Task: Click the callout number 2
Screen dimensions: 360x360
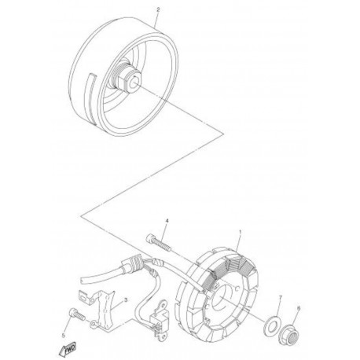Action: pyautogui.click(x=158, y=9)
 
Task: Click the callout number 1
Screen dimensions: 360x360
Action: pyautogui.click(x=241, y=232)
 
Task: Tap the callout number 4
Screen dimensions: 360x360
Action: pyautogui.click(x=167, y=221)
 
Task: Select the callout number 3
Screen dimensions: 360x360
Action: pyautogui.click(x=126, y=300)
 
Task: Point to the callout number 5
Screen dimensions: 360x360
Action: pyautogui.click(x=63, y=335)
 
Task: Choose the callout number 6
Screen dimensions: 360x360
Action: pyautogui.click(x=299, y=308)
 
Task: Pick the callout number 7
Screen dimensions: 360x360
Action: pyautogui.click(x=281, y=297)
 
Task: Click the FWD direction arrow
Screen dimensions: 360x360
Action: pyautogui.click(x=68, y=349)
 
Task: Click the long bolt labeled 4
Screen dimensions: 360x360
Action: pyautogui.click(x=158, y=242)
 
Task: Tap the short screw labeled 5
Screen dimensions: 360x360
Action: pyautogui.click(x=76, y=314)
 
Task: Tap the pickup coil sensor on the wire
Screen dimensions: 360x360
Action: pyautogui.click(x=157, y=322)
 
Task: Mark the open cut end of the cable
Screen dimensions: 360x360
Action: pyautogui.click(x=83, y=279)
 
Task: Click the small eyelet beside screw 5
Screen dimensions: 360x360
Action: pyautogui.click(x=93, y=325)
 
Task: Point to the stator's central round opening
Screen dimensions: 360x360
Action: pyautogui.click(x=221, y=296)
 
